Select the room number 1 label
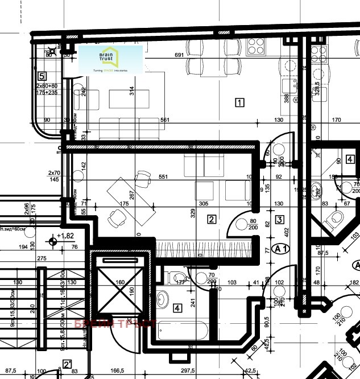[x=239, y=103]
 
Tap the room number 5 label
[x=42, y=76]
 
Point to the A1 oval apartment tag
[x=280, y=249]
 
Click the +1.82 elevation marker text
[x=66, y=236]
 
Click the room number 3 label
[x=279, y=219]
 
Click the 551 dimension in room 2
[x=163, y=177]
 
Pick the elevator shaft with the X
[x=120, y=286]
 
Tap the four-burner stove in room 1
[x=254, y=44]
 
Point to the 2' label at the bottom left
[x=67, y=365]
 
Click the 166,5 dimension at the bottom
[x=117, y=370]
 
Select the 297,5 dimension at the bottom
[x=188, y=370]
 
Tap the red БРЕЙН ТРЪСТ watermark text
[x=115, y=324]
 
